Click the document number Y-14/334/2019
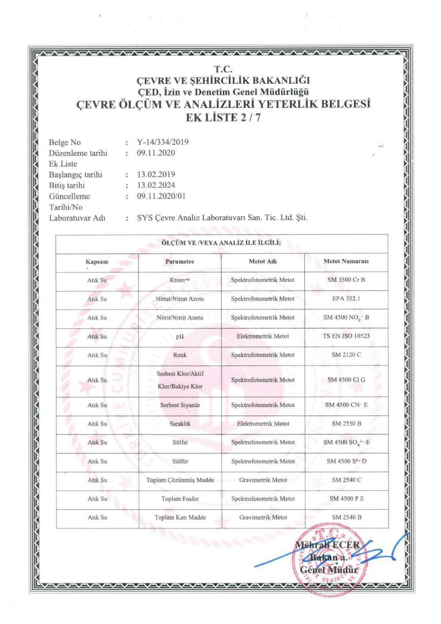[163, 142]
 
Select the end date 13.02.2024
[156, 185]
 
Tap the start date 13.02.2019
[156, 174]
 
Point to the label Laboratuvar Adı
[77, 218]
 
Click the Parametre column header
[179, 262]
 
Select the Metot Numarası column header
[346, 262]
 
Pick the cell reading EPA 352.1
[346, 299]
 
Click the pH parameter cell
[179, 336]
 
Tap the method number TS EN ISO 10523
[346, 336]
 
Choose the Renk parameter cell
[179, 355]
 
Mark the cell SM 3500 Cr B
[346, 280]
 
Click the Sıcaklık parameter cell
[179, 424]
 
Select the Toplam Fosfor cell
[180, 499]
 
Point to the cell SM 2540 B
[346, 517]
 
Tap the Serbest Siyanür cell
[180, 405]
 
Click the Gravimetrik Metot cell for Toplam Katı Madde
[263, 517]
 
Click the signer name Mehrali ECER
[327, 545]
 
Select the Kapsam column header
[97, 262]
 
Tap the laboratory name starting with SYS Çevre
[222, 218]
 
